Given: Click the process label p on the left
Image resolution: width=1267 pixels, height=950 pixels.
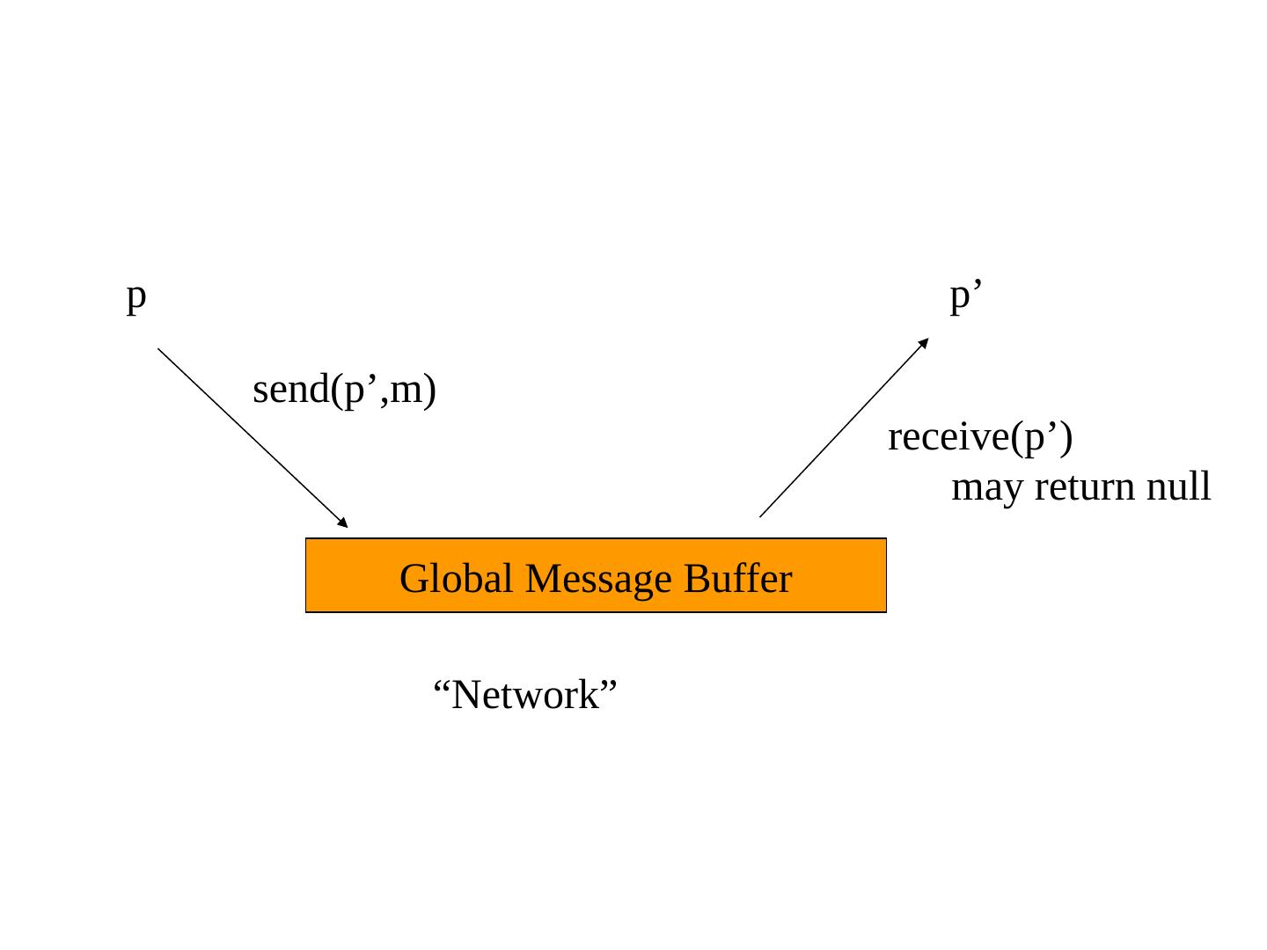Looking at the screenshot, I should [135, 297].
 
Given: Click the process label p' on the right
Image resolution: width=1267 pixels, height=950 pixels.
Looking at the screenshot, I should [965, 297].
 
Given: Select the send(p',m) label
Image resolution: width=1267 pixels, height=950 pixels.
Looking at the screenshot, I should [344, 390].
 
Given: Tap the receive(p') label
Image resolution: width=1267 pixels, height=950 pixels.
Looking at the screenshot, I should [979, 437].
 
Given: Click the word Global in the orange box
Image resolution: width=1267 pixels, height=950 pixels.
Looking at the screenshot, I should [456, 579].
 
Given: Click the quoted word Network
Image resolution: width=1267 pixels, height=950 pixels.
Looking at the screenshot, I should [525, 695].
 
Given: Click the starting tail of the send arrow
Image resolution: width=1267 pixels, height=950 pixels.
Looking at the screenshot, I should [159, 350].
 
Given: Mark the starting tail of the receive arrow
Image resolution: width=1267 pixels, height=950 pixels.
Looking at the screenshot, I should [761, 515].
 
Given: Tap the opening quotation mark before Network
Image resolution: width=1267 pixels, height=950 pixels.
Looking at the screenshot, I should [443, 684].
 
